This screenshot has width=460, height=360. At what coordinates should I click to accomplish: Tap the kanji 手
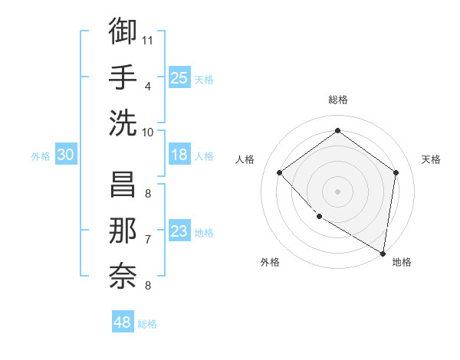[x=123, y=77]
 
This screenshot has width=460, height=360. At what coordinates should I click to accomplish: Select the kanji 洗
[x=123, y=123]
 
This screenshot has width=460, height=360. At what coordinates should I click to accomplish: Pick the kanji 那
[x=123, y=231]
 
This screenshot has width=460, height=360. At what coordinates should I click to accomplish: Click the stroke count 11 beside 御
[x=149, y=39]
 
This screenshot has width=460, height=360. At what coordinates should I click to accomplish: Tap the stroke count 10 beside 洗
[x=149, y=132]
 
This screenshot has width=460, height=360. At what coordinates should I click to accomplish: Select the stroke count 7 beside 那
[x=148, y=240]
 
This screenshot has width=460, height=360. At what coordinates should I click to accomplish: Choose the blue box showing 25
[x=179, y=78]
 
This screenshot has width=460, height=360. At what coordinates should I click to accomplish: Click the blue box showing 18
[x=179, y=155]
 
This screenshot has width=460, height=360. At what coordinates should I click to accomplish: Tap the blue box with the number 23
[x=179, y=232]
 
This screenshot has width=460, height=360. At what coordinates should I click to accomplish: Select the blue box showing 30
[x=65, y=155]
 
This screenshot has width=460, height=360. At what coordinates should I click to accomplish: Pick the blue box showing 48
[x=122, y=322]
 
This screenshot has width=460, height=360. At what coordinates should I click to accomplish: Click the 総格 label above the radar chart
[x=338, y=100]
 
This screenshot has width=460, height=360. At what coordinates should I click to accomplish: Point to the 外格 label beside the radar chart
[x=270, y=262]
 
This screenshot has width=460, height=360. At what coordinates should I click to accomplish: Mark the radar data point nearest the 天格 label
[x=396, y=172]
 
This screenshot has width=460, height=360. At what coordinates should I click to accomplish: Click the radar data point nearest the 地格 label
[x=383, y=253]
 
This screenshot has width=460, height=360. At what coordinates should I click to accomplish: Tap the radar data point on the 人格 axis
[x=280, y=172]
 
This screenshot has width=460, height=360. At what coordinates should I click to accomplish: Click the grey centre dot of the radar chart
[x=338, y=191]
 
